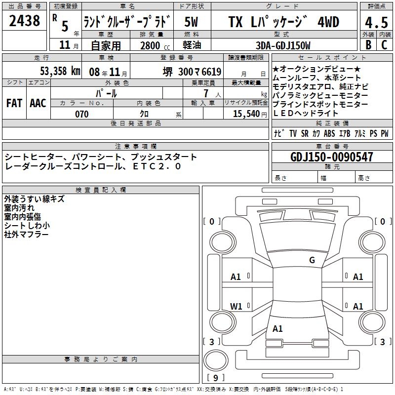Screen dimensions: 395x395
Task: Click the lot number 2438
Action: click(x=24, y=21)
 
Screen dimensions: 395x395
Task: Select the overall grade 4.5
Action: click(x=376, y=23)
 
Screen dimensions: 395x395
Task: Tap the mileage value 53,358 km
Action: click(x=60, y=71)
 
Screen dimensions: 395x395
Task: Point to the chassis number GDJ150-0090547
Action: click(x=332, y=157)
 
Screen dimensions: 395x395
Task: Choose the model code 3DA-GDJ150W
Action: click(x=283, y=45)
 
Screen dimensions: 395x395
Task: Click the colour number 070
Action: click(x=82, y=114)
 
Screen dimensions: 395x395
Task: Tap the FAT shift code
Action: click(x=14, y=103)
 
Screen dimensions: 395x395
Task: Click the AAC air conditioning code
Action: click(x=38, y=103)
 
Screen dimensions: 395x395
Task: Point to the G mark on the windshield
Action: click(x=312, y=260)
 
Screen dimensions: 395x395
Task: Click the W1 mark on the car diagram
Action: click(x=236, y=307)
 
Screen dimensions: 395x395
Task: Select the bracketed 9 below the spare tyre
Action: click(x=216, y=378)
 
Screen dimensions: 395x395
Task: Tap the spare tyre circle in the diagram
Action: click(x=216, y=360)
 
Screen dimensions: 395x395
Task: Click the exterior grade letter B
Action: click(x=368, y=45)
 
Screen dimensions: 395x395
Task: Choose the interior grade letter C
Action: click(x=384, y=45)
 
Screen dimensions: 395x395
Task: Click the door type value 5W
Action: click(x=191, y=22)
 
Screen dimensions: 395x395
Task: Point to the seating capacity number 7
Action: click(x=206, y=93)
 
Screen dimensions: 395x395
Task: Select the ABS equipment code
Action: click(x=329, y=133)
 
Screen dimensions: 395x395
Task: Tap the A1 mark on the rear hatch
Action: click(x=277, y=329)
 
